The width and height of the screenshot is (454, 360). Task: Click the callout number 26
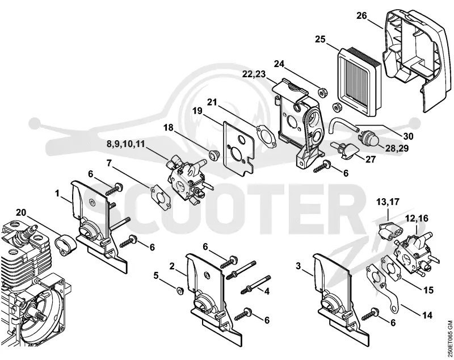(x=361, y=16)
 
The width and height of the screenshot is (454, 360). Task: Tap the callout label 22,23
(x=254, y=74)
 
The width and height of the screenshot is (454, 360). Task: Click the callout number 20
(x=21, y=212)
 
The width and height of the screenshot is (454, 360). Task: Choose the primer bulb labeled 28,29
(x=366, y=139)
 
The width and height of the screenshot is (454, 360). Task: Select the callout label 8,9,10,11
(x=125, y=144)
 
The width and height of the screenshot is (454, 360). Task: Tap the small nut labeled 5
(x=180, y=291)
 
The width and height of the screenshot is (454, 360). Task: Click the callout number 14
(x=427, y=315)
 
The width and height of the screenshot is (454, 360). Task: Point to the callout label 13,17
(x=388, y=202)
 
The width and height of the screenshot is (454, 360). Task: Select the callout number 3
(x=299, y=266)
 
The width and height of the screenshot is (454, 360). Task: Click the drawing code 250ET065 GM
(x=449, y=339)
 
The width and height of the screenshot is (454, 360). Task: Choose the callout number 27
(x=371, y=160)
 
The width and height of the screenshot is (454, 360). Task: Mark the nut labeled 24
(x=321, y=93)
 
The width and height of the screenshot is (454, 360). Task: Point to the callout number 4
(x=266, y=291)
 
